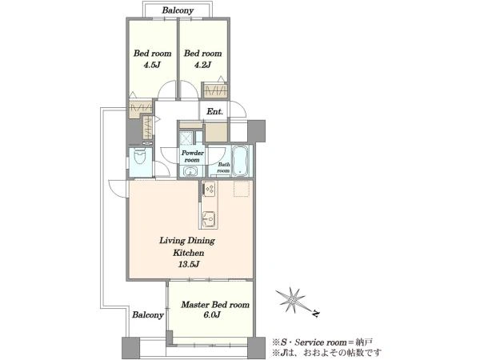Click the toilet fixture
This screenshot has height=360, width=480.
(141, 156)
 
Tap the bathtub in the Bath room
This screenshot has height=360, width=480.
(242, 161)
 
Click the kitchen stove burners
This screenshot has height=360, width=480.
(210, 189)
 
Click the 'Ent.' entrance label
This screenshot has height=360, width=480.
(214, 112)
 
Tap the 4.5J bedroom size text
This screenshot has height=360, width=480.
(152, 65)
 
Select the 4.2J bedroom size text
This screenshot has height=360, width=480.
(202, 65)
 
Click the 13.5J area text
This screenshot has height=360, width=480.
(189, 264)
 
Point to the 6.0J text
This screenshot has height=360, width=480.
(212, 314)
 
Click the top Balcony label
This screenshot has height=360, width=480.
(178, 10)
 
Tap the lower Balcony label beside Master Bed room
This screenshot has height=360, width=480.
(148, 314)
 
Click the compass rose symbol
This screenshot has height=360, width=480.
(294, 300)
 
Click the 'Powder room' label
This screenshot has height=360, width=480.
(192, 156)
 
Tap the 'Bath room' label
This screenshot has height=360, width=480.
(223, 167)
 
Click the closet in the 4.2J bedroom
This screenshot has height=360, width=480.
(216, 90)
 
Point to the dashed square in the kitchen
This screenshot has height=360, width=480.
(242, 189)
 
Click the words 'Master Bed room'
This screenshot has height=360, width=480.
(215, 305)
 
